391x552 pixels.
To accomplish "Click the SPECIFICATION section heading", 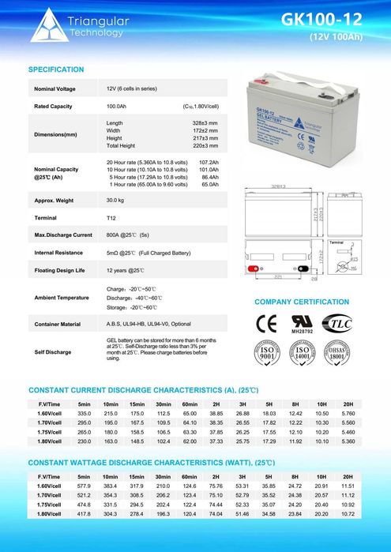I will click(56, 69).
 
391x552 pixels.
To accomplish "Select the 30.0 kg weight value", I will click(116, 201).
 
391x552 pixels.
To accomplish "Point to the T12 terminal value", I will click(111, 217).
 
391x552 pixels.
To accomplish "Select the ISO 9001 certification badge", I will click(268, 353).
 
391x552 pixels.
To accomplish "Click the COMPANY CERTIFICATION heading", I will click(301, 302).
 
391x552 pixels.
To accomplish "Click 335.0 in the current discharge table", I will click(85, 414).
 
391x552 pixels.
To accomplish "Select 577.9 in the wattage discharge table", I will click(85, 486).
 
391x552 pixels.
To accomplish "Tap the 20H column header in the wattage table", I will click(348, 476).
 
